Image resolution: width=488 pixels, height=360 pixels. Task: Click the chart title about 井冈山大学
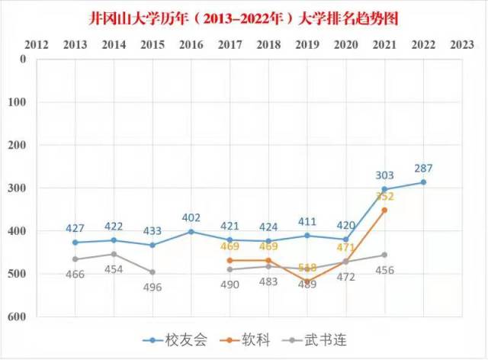244,16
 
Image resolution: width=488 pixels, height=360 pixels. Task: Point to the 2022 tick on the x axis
423,44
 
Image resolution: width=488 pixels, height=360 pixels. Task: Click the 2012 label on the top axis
36,44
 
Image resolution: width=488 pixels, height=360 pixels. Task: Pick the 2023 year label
462,44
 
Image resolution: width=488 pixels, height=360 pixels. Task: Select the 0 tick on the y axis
23,59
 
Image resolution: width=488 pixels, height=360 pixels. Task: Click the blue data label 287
425,168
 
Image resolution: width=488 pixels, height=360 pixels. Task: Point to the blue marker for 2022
423,182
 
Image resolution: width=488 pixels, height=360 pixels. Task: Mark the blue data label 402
191,217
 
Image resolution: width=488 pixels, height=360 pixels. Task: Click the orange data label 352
385,196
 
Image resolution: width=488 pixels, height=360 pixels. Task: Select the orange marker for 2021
384,210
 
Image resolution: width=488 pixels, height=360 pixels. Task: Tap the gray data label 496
152,287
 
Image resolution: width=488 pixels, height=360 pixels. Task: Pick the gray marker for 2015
152,272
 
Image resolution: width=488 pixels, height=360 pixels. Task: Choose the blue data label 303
385,175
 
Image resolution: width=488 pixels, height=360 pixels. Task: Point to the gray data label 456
385,270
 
